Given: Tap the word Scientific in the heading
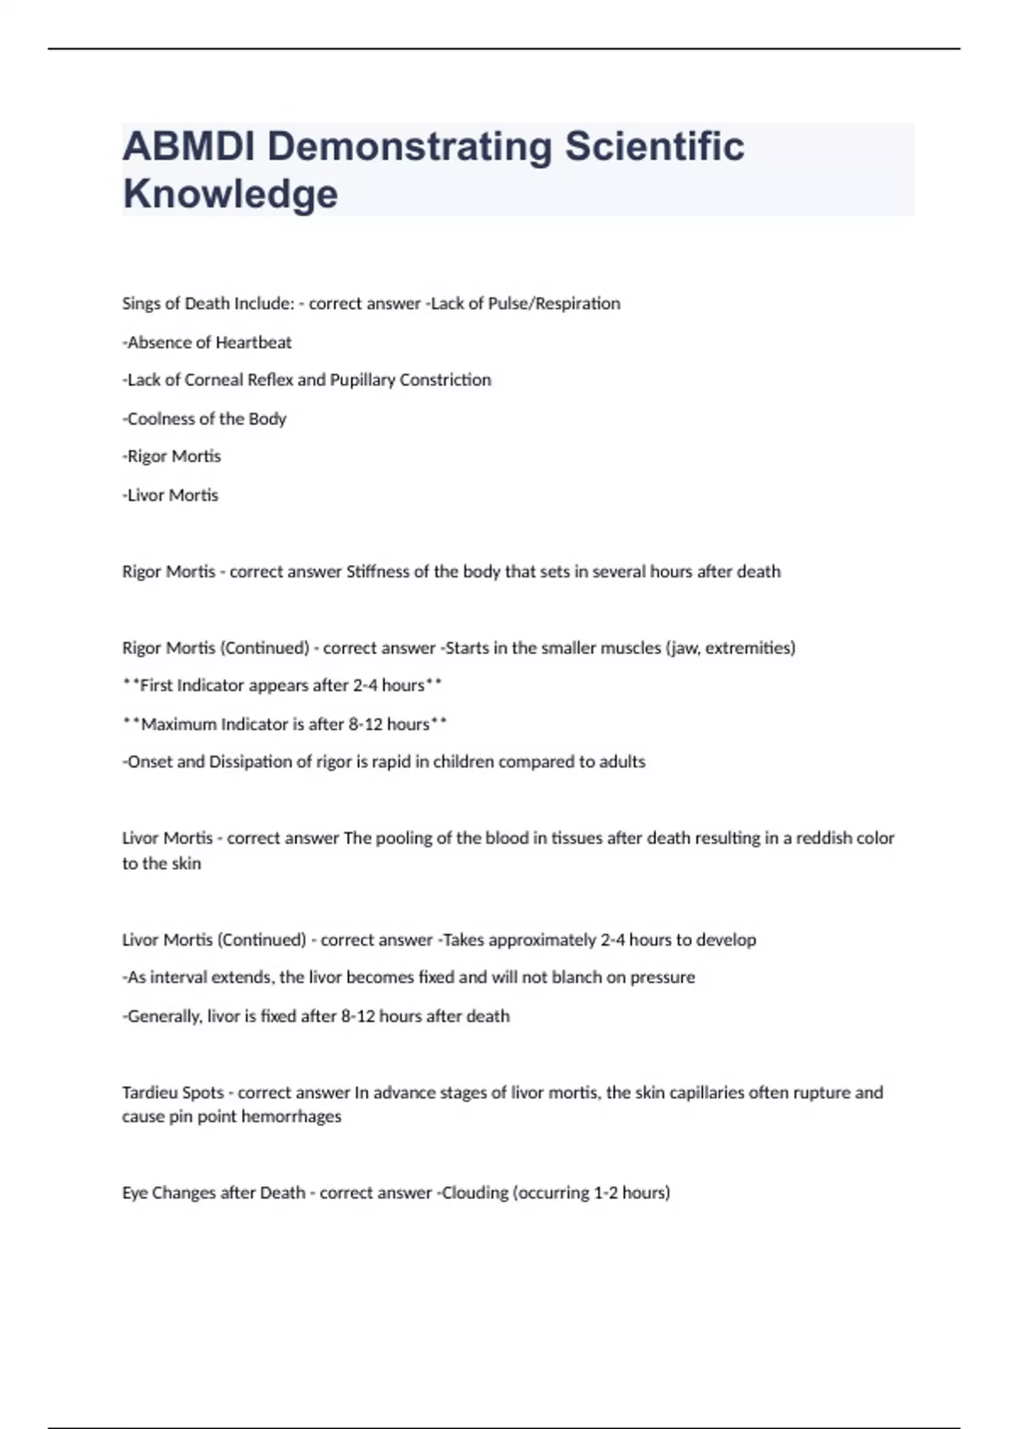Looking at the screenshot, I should pos(654,146).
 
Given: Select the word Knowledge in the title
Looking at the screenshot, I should pos(230,193).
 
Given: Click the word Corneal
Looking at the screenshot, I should pos(214,380).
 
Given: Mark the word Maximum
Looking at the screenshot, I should pos(178,724).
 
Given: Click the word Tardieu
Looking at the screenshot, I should pos(149,1093).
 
